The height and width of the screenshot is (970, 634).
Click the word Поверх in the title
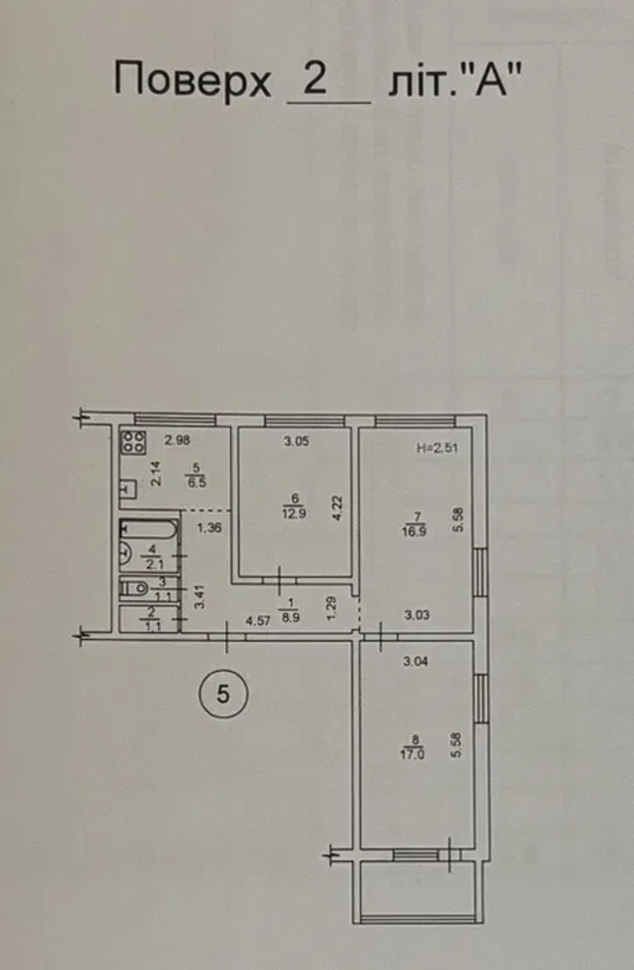tap(192, 81)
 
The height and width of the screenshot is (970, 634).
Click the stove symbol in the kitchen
tap(133, 442)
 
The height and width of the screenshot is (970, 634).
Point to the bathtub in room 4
tap(149, 529)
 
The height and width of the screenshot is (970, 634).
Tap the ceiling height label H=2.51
tap(437, 448)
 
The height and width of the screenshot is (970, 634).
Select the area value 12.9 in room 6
tap(294, 513)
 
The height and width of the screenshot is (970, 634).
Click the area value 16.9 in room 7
tap(415, 531)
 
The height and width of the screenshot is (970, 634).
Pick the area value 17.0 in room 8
tap(413, 755)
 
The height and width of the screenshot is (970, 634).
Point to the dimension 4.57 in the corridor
tap(258, 621)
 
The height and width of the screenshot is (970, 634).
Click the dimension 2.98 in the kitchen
tap(177, 441)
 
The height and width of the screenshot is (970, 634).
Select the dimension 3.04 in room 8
tap(415, 661)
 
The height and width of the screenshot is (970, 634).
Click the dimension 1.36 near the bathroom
tap(209, 528)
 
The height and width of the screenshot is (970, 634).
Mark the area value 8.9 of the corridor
tap(291, 618)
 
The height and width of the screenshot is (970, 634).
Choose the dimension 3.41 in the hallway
tap(199, 597)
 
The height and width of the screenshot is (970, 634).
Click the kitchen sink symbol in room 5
tap(128, 489)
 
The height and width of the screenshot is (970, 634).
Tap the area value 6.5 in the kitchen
tap(197, 482)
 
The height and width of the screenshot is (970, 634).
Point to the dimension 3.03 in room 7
tap(418, 614)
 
